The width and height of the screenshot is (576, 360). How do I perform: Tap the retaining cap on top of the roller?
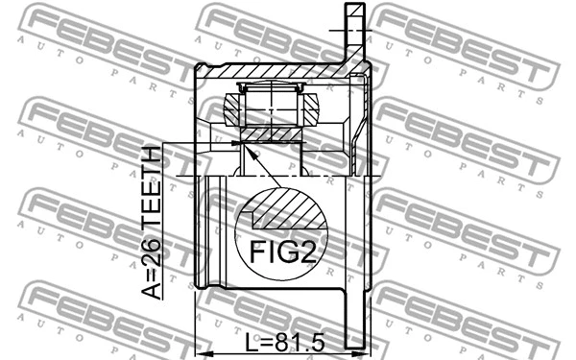click(x=272, y=89)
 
